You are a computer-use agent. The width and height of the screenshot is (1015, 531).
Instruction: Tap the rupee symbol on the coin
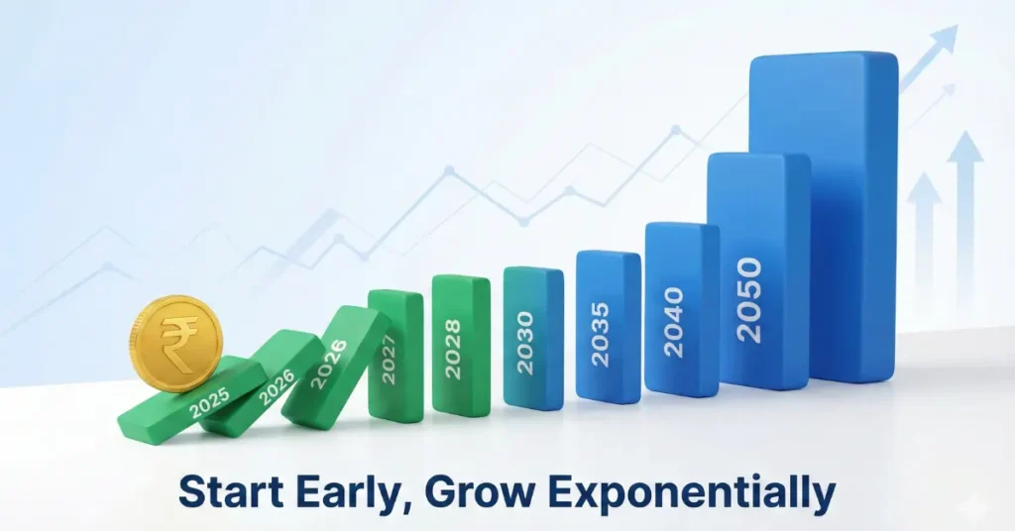[x=179, y=342]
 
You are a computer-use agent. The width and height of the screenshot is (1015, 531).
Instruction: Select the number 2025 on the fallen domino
[x=209, y=400]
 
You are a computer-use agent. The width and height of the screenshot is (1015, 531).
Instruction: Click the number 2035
[x=601, y=334]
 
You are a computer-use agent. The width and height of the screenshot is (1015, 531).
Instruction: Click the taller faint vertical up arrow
[x=964, y=198]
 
